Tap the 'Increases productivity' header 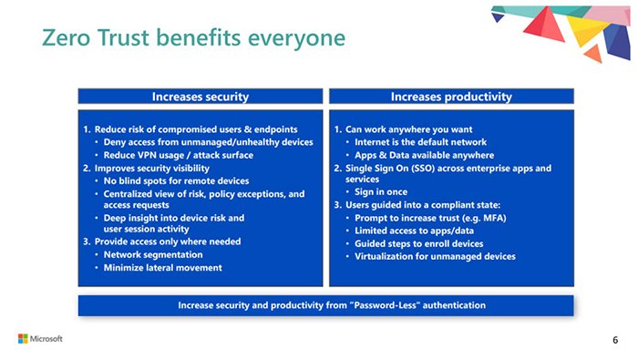[450, 96]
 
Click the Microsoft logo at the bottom [40, 339]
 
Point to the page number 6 [614, 340]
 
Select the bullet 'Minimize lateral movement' [162, 268]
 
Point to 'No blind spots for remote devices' [170, 180]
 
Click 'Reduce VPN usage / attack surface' [166, 156]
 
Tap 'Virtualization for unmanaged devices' [435, 256]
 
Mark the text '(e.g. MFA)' [478, 218]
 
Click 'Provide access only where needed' [162, 242]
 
